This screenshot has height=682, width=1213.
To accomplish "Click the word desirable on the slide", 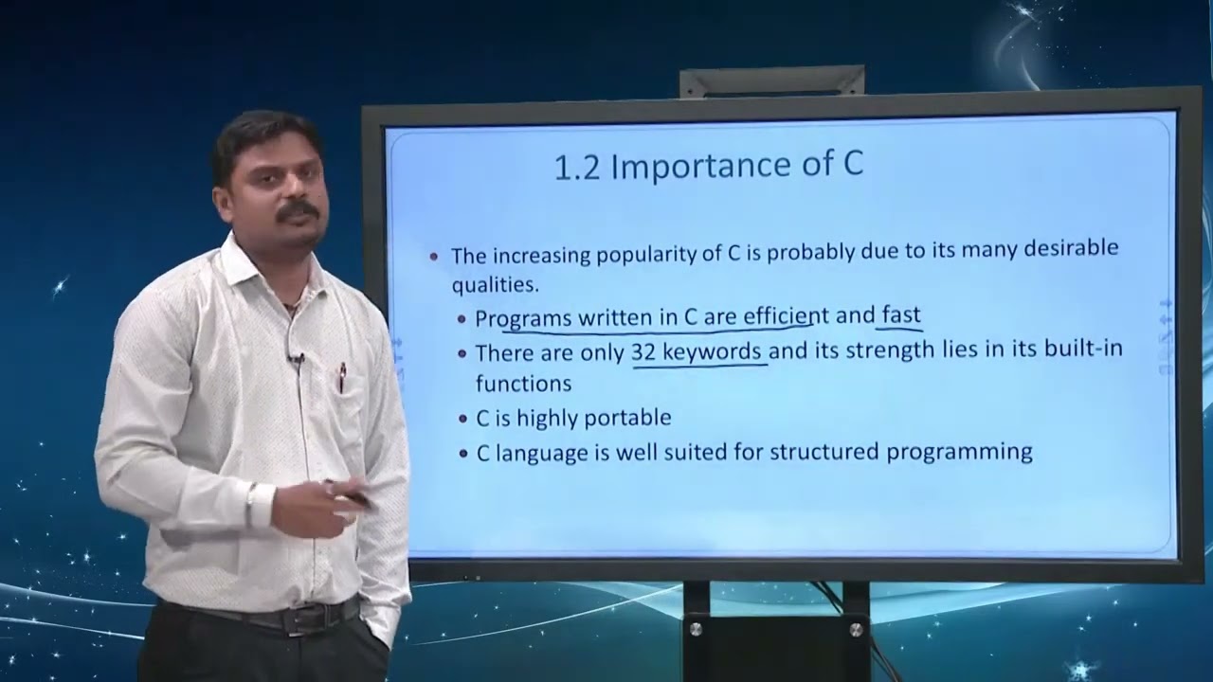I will point(1070,249).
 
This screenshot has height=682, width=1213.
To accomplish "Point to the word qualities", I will point(494,284).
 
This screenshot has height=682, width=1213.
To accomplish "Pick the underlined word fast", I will point(900,315).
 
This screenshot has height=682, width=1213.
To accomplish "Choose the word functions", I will point(523,383).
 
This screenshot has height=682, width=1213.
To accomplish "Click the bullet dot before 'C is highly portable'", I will point(462,419).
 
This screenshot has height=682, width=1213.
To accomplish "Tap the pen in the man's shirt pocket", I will point(341,377).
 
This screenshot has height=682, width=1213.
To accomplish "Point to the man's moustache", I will point(298,210).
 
